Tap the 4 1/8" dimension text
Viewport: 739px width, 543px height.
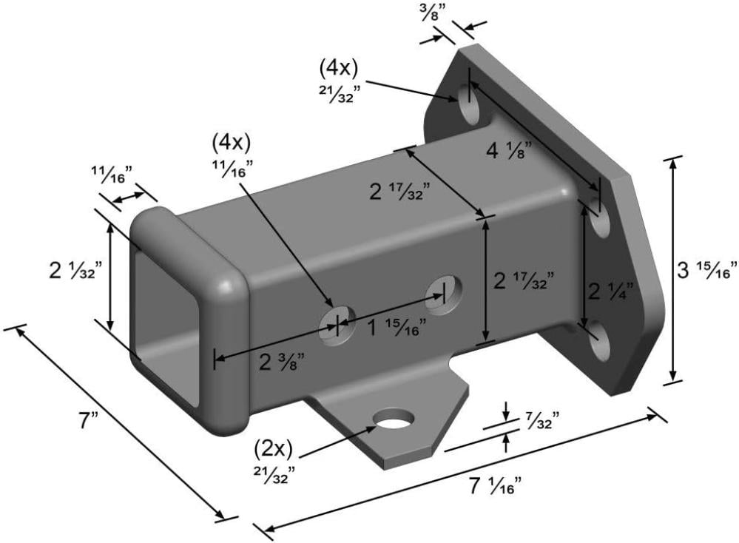point(508,150)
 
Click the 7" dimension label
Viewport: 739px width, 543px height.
point(89,420)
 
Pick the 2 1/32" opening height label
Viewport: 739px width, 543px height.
point(75,271)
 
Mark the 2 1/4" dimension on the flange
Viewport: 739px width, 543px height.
point(610,292)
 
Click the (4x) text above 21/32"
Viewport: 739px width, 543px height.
point(338,69)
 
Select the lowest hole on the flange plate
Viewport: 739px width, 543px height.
point(599,341)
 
